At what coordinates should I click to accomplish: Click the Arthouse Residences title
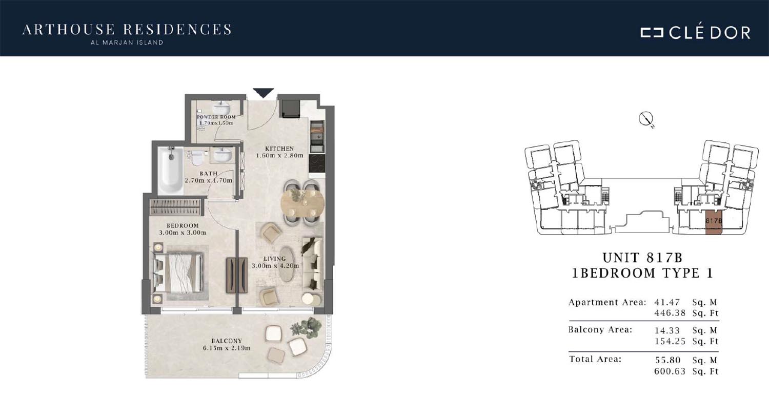[127, 30]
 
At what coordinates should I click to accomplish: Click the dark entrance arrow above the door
[264, 93]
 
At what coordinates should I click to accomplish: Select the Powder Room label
[216, 117]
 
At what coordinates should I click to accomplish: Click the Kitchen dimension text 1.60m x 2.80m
[280, 155]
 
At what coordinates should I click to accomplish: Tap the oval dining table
[302, 203]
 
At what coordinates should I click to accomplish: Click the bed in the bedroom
[178, 272]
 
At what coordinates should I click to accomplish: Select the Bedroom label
[183, 225]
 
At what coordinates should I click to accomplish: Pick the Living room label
[275, 259]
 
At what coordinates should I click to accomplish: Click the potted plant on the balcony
[307, 327]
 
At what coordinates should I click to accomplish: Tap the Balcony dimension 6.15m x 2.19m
[227, 348]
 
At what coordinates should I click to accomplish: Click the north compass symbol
[646, 119]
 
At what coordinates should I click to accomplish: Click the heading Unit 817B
[643, 258]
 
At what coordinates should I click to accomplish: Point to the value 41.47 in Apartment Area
[667, 302]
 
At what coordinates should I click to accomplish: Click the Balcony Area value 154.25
[670, 342]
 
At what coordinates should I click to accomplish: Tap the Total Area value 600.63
[670, 371]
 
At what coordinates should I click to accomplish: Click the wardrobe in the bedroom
[175, 207]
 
